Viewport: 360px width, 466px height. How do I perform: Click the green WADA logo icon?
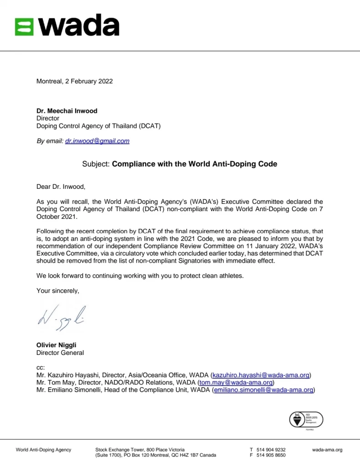pos(24,26)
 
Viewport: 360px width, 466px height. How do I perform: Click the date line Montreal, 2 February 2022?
pos(74,81)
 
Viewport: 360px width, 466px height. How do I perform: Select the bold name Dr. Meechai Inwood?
pos(67,111)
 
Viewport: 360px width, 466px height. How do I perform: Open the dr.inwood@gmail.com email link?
pos(97,141)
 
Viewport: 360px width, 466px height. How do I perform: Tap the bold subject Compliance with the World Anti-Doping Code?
pos(194,164)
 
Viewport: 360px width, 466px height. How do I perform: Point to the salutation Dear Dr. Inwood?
pos(61,186)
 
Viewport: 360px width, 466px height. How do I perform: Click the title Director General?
pos(60,353)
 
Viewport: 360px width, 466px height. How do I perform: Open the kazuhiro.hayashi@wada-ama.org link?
pos(261,375)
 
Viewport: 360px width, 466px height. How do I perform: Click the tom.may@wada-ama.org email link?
pos(236,383)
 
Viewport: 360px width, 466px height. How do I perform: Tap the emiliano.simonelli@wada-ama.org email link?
pos(263,390)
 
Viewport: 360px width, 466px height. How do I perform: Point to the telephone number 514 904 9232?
pos(271,450)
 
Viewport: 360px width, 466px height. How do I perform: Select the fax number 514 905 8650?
pos(271,455)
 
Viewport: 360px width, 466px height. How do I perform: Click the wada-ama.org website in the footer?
pos(327,450)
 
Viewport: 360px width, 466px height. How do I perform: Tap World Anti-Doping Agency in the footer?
pos(44,450)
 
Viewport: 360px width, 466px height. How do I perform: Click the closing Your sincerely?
pos(57,291)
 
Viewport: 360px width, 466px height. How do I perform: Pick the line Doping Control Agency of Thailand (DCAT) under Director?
pos(98,126)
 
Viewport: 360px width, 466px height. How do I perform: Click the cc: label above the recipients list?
pos(41,368)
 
